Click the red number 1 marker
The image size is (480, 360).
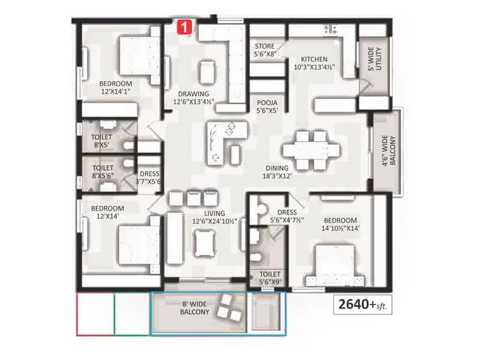pos(185,26)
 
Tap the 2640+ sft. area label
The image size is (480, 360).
pos(362,305)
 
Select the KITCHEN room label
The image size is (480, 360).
pos(314,63)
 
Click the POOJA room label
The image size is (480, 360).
pos(266,106)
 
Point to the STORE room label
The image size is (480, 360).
pos(265,50)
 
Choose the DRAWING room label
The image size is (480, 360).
pos(193,98)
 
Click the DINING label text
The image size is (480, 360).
pos(278,172)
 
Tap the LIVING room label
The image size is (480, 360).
pos(214,217)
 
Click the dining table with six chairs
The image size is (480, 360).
pos(305,149)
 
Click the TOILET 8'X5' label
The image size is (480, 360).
pos(103,140)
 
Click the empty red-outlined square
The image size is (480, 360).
pos(95,314)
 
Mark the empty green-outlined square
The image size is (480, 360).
pos(131,314)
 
